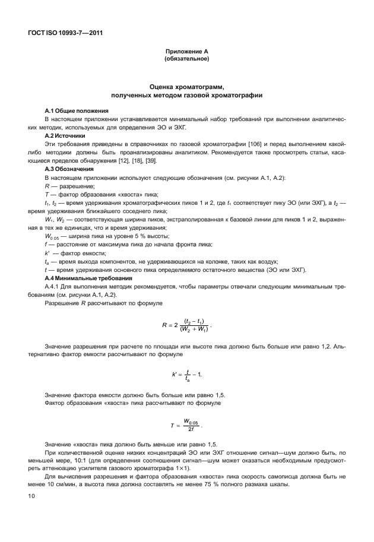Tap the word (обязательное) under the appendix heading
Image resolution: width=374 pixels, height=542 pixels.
[186, 59]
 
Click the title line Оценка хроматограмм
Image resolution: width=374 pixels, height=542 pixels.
[186, 87]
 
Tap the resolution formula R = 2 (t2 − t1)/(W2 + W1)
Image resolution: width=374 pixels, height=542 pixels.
[186, 325]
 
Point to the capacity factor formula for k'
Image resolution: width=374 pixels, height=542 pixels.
[186, 375]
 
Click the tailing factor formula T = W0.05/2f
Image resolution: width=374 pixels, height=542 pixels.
[186, 424]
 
